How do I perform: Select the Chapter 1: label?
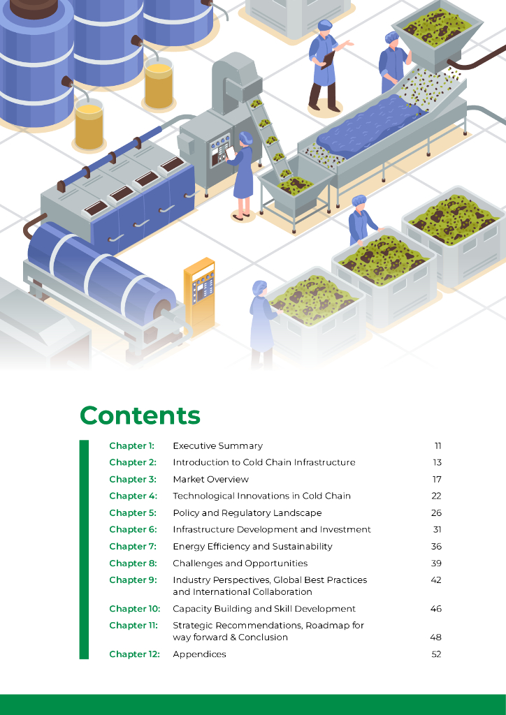point(131,445)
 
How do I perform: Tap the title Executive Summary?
point(217,445)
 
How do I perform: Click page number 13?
point(437,462)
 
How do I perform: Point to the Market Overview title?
point(210,479)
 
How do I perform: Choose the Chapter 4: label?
point(133,496)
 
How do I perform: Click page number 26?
point(437,513)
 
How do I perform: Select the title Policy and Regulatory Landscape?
point(247,513)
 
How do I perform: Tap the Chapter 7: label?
point(133,546)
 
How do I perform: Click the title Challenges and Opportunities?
point(240,563)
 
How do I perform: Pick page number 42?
point(436,580)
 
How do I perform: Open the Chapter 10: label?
point(134,609)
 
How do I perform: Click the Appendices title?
point(199,654)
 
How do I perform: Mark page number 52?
point(436,654)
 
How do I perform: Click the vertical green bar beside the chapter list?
point(84,550)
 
